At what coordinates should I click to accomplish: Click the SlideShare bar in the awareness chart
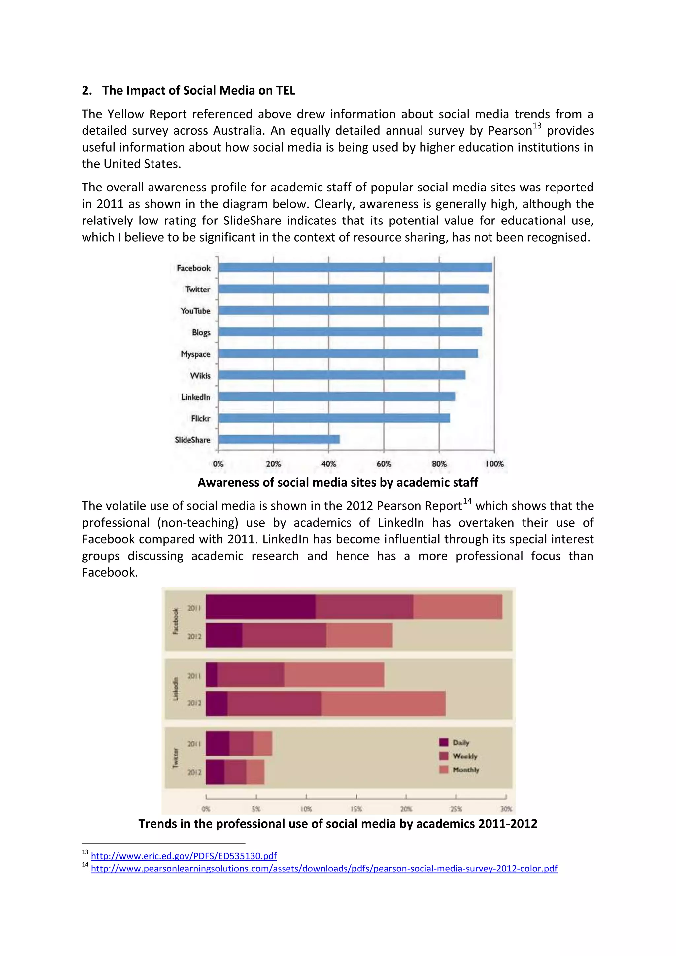(x=279, y=439)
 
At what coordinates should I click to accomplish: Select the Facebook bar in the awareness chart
(x=355, y=267)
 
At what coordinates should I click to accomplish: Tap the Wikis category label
(x=200, y=376)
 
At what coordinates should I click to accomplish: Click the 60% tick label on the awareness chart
(x=384, y=464)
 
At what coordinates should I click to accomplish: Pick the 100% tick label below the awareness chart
(x=494, y=464)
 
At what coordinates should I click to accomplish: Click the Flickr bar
(x=334, y=418)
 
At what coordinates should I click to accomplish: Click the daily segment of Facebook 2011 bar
(x=260, y=607)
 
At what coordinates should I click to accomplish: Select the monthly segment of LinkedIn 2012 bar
(x=383, y=704)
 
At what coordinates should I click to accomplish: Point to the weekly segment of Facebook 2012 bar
(x=284, y=635)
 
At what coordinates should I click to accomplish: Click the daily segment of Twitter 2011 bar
(x=217, y=743)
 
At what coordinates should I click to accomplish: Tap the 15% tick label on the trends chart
(x=356, y=809)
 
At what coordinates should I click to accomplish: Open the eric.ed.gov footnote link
(x=184, y=856)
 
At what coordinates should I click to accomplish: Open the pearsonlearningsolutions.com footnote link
(x=324, y=869)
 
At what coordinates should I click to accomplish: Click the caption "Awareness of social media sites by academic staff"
(x=338, y=483)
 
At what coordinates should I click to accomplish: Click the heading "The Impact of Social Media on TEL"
(x=199, y=91)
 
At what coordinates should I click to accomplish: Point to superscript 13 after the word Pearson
(x=537, y=126)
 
